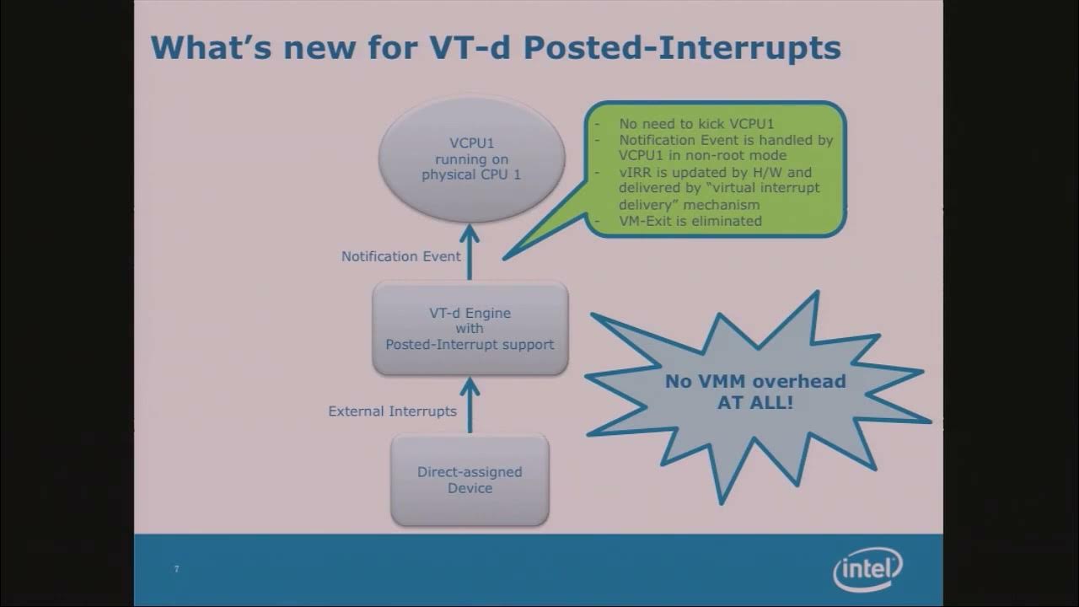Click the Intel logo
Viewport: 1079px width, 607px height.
[867, 570]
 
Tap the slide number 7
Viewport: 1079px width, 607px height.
[176, 569]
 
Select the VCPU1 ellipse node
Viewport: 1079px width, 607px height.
[470, 158]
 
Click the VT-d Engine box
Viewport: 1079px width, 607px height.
[470, 328]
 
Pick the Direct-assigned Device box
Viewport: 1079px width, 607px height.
[470, 480]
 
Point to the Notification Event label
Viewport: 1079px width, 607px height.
[401, 256]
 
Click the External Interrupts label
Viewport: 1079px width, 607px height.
[392, 411]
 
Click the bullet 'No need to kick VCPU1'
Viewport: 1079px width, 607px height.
[696, 124]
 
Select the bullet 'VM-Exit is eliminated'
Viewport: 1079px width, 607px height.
[690, 221]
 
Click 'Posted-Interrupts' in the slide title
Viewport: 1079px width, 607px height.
[682, 47]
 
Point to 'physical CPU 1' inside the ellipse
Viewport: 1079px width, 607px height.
[470, 175]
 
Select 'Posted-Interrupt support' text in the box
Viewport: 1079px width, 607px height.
[470, 344]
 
